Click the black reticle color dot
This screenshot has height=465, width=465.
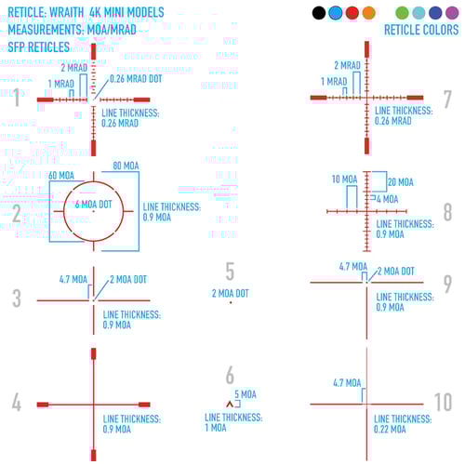(x=319, y=13)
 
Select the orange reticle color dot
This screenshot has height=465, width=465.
(x=369, y=13)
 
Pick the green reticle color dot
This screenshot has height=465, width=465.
(x=402, y=13)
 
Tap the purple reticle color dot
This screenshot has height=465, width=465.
(x=452, y=13)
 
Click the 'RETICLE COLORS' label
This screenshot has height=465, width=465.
(x=421, y=30)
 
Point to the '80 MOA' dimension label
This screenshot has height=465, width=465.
(x=126, y=166)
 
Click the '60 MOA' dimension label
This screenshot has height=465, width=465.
(x=61, y=176)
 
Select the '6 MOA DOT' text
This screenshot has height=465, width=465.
(x=93, y=205)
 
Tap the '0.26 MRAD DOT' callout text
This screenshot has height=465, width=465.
(x=136, y=79)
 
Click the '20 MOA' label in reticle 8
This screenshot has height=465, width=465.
(x=401, y=182)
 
